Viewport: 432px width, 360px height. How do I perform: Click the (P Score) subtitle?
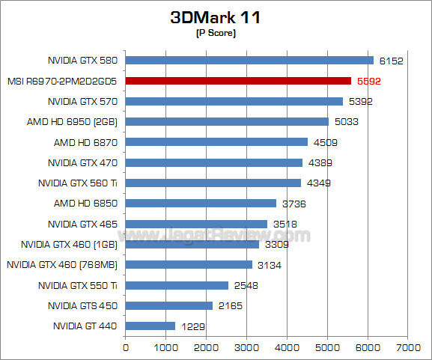[215, 34]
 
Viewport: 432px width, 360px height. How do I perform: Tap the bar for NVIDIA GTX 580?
[249, 61]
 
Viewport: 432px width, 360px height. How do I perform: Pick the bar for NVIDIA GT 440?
[150, 326]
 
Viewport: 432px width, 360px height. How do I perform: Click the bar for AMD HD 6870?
[216, 141]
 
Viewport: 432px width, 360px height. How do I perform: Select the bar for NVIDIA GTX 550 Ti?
[177, 285]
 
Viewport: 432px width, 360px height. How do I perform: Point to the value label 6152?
[391, 61]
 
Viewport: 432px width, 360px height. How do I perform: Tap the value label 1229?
[192, 326]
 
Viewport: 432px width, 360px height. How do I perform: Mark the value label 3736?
[293, 203]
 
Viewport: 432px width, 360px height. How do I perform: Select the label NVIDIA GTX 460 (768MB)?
[63, 264]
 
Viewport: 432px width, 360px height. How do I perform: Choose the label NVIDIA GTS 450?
[83, 305]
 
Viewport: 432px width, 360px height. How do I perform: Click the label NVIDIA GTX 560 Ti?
[79, 183]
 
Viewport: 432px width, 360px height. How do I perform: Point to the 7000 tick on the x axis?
[407, 348]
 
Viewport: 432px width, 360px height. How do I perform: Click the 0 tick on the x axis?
[126, 348]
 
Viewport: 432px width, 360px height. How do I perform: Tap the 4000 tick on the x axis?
[287, 348]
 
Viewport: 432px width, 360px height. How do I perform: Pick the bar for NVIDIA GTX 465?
[196, 224]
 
